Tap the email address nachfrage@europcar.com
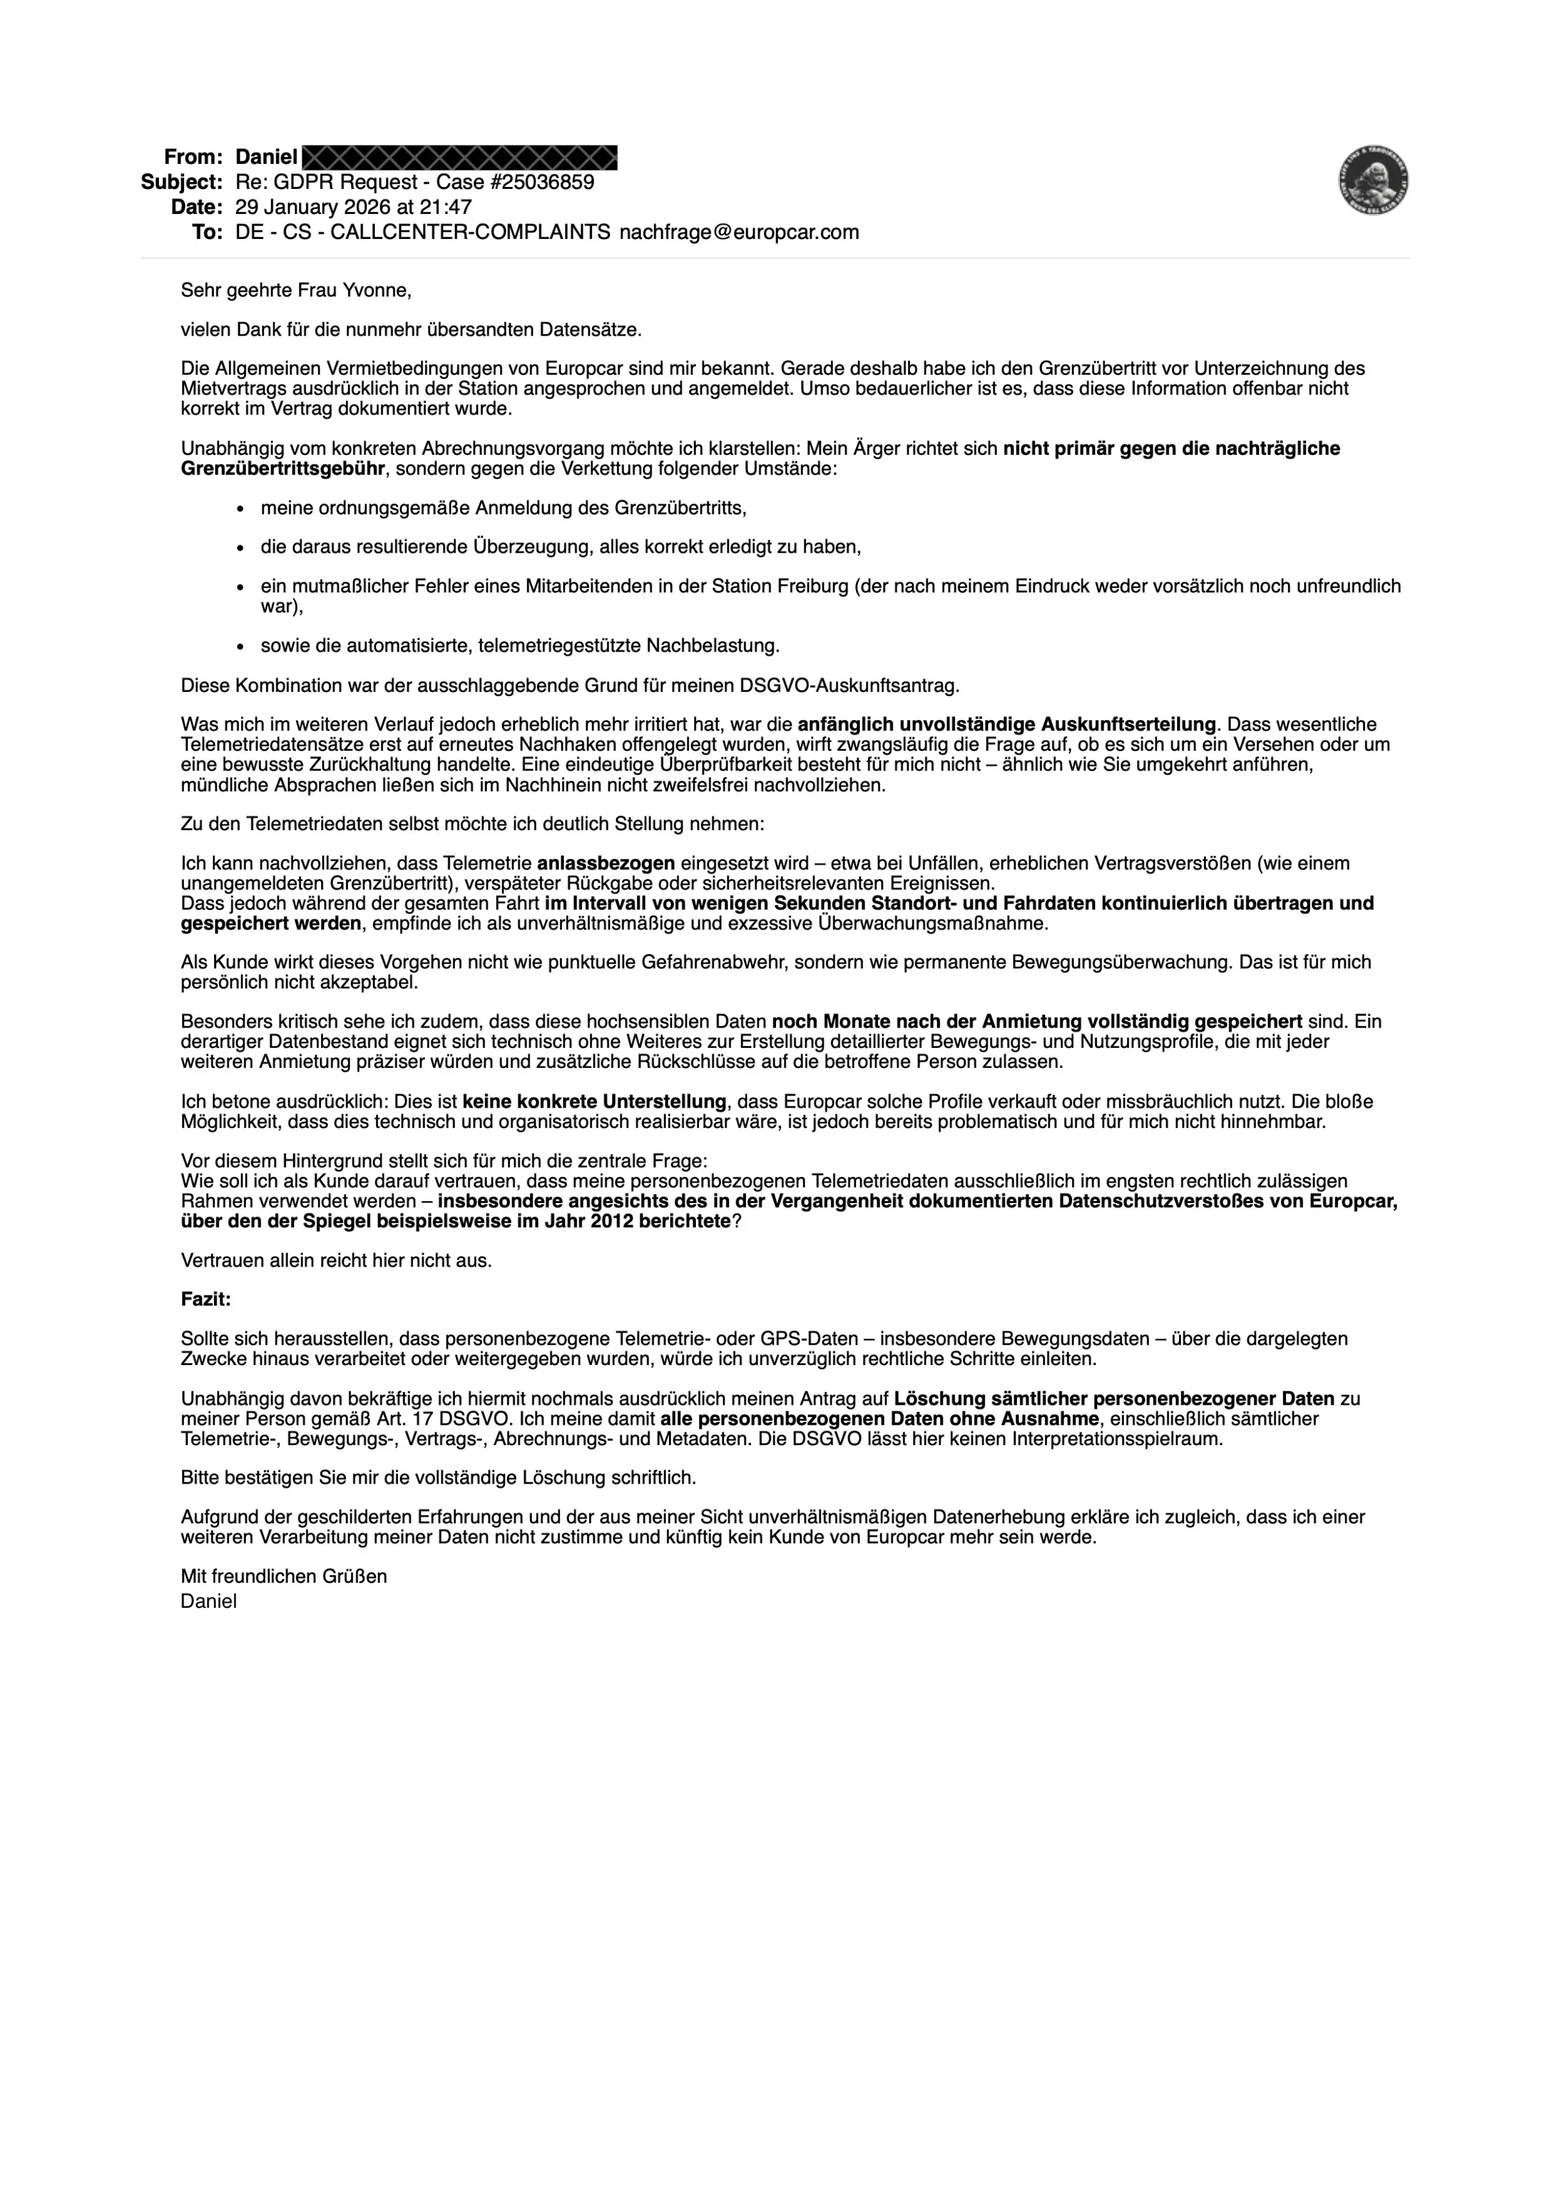739,232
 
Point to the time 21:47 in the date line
445,206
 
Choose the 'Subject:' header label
181,181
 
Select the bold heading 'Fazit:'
206,1300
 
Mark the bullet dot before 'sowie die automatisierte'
241,646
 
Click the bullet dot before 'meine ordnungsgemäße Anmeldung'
241,509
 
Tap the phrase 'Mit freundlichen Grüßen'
284,1576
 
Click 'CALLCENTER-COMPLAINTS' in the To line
470,232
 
